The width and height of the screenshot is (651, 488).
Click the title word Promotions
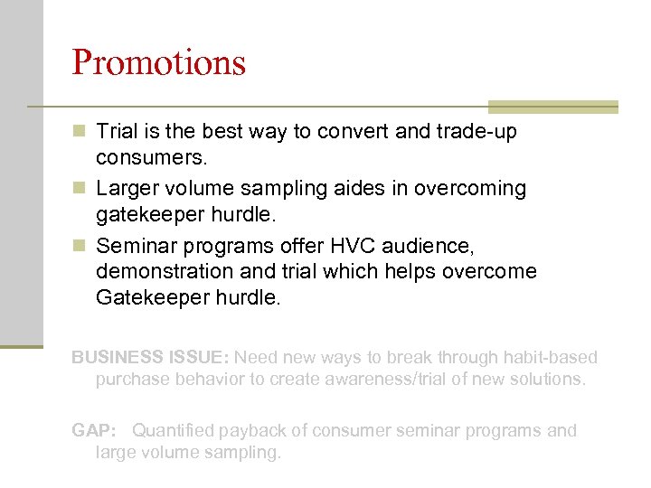click(x=158, y=62)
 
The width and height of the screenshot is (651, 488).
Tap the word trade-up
click(x=476, y=132)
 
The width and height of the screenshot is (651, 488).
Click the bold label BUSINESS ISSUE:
click(x=150, y=358)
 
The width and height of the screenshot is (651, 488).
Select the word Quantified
click(x=177, y=430)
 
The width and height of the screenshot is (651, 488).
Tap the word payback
click(x=257, y=430)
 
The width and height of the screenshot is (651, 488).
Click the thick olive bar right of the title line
click(x=552, y=107)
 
